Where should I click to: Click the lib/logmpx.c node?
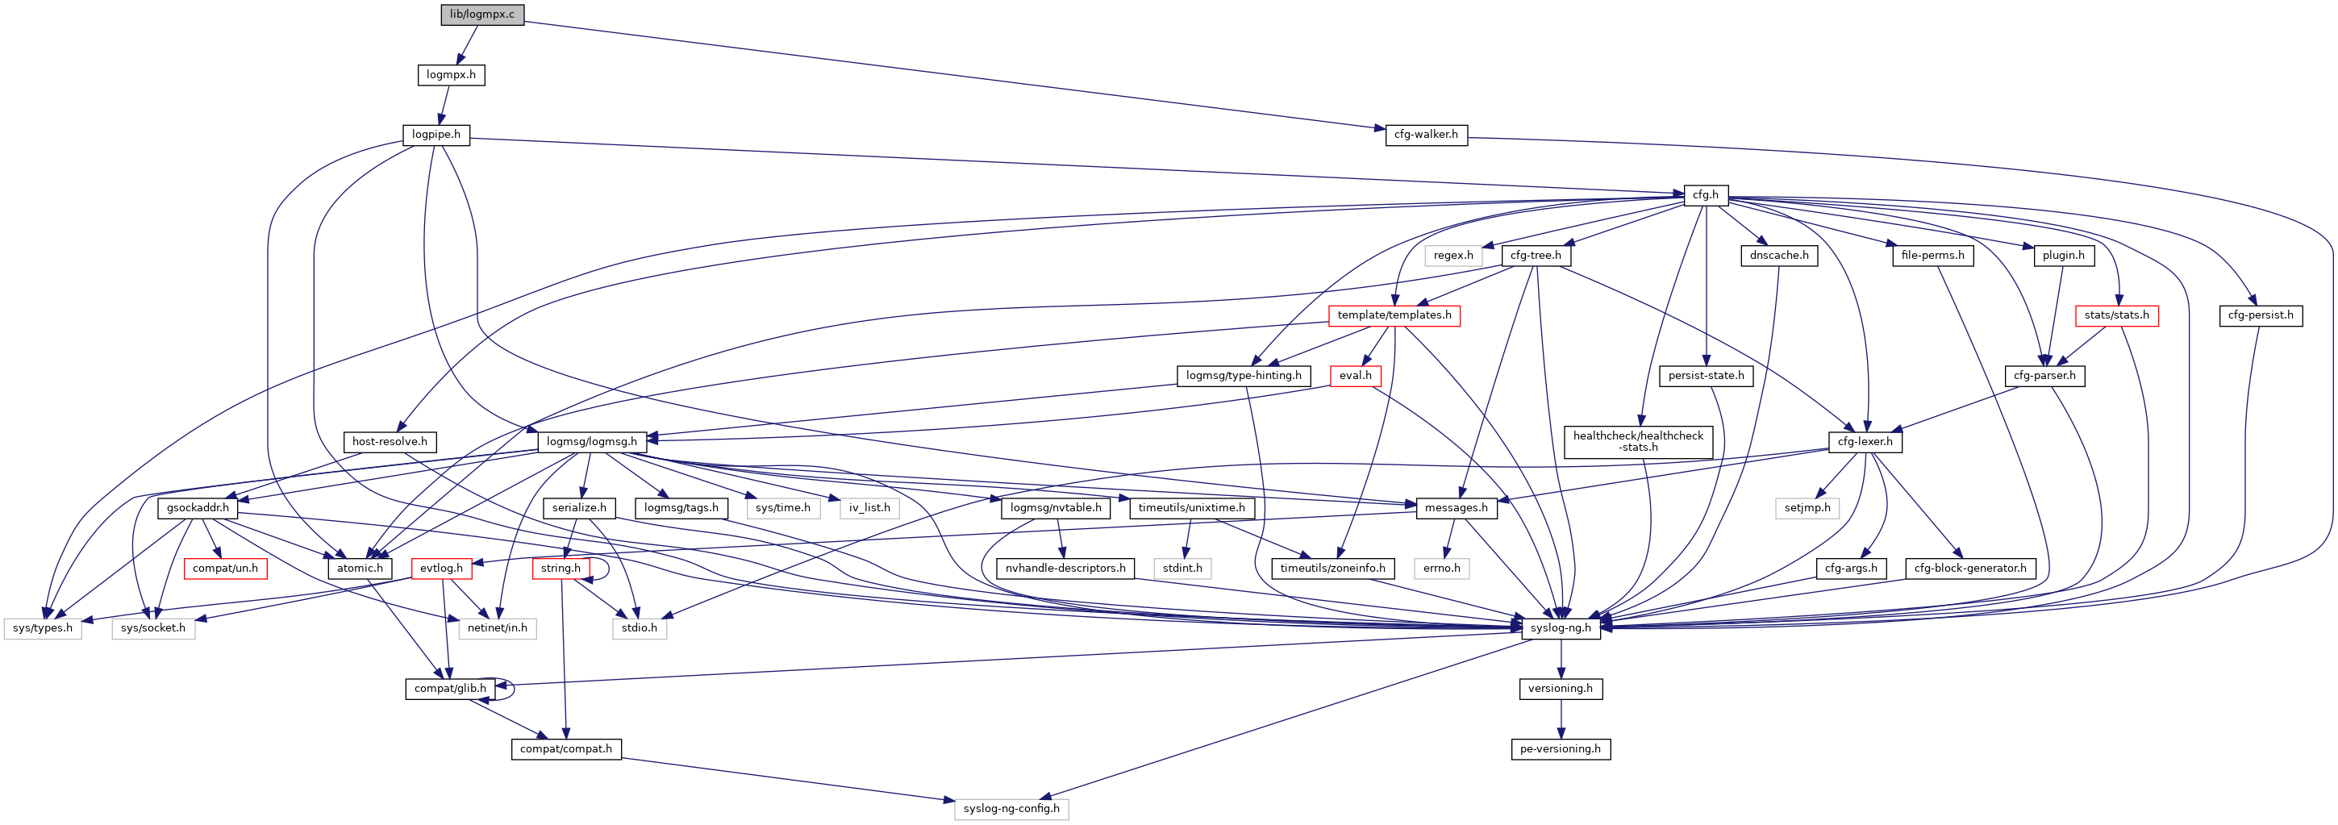pyautogui.click(x=482, y=15)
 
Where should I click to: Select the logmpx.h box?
pyautogui.click(x=451, y=74)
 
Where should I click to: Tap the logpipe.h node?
pyautogui.click(x=436, y=135)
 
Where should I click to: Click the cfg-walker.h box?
pyautogui.click(x=1426, y=135)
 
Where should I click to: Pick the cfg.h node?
pyautogui.click(x=1706, y=194)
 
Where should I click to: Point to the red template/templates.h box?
pyautogui.click(x=1394, y=315)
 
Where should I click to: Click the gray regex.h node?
pyautogui.click(x=1453, y=255)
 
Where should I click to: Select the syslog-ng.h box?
pyautogui.click(x=1561, y=627)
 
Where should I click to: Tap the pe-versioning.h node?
pyautogui.click(x=1561, y=748)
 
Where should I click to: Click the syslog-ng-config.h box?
pyautogui.click(x=1011, y=808)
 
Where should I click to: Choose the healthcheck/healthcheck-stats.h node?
pyautogui.click(x=1638, y=441)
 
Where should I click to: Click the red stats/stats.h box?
pyautogui.click(x=2116, y=315)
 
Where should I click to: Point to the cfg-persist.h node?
pyautogui.click(x=2261, y=315)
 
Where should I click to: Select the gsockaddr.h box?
pyautogui.click(x=198, y=507)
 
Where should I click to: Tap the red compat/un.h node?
pyautogui.click(x=225, y=569)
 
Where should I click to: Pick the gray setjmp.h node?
pyautogui.click(x=1807, y=507)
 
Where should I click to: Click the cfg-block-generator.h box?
pyautogui.click(x=1970, y=569)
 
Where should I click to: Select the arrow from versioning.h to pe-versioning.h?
pyautogui.click(x=1561, y=719)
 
